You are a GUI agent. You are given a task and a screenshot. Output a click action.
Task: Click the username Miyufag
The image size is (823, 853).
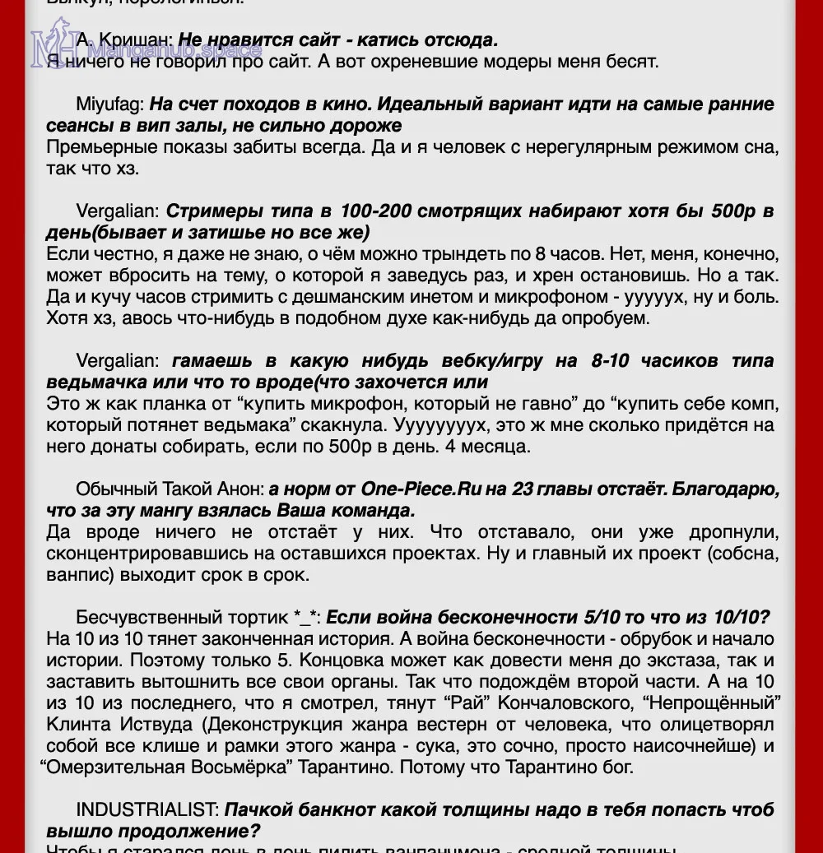[110, 104]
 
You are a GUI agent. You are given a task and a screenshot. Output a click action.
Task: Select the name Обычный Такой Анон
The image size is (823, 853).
[170, 489]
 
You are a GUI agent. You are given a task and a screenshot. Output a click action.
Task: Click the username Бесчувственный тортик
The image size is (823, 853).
[184, 617]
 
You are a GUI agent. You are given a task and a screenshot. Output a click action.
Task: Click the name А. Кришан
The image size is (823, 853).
[124, 40]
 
